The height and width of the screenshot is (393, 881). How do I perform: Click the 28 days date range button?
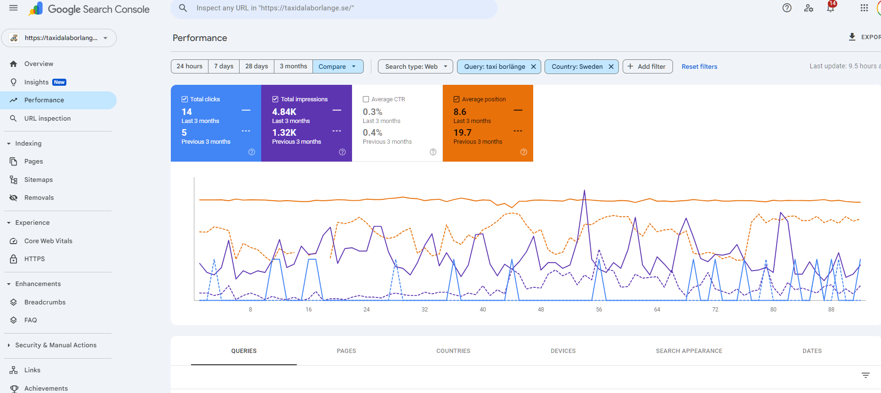tap(256, 66)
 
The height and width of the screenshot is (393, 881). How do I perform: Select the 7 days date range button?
tap(224, 66)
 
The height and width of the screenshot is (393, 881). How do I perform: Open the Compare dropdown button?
tap(337, 66)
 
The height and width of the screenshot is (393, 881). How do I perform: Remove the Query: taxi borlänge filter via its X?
tap(533, 66)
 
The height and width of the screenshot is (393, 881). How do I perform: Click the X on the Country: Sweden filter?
tap(611, 66)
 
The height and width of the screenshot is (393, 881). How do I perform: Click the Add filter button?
tap(647, 66)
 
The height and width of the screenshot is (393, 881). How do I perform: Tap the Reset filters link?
tap(699, 66)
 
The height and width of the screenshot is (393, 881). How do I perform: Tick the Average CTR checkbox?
tap(366, 99)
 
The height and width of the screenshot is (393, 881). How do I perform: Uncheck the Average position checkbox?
tap(457, 99)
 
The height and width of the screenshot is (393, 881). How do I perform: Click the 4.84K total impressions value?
tap(284, 112)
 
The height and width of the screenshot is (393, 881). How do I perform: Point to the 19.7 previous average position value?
tap(462, 132)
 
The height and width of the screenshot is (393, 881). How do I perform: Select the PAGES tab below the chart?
tap(346, 351)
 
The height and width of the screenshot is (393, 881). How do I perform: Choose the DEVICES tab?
tap(563, 351)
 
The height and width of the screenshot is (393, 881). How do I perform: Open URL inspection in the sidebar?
tap(48, 118)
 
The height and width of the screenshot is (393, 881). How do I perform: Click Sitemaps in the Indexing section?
tap(39, 180)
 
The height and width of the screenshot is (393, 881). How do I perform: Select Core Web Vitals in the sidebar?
tap(48, 241)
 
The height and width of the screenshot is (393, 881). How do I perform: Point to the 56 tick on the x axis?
tap(599, 310)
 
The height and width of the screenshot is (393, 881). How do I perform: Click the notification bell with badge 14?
tap(831, 8)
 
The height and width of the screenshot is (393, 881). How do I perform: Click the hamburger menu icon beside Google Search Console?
tap(14, 8)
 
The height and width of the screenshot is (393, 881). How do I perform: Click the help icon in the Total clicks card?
tap(252, 152)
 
